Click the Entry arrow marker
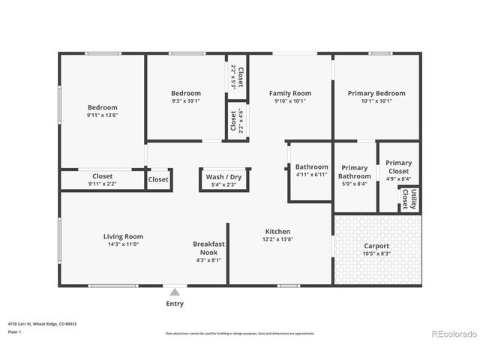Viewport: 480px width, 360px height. point(175,292)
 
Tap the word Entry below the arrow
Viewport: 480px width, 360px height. point(174,304)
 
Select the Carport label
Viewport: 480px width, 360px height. point(376,245)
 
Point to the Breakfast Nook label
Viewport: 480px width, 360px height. point(209,248)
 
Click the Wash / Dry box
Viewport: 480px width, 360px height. point(220,180)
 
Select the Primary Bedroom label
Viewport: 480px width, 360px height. point(376,93)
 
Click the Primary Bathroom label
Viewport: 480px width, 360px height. point(355,172)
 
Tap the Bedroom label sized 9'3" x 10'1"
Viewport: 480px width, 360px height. point(186,93)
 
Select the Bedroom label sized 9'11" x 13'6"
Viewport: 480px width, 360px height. point(102,107)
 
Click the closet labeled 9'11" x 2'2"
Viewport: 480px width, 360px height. point(102,180)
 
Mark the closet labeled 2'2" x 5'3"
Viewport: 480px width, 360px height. point(237,77)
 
